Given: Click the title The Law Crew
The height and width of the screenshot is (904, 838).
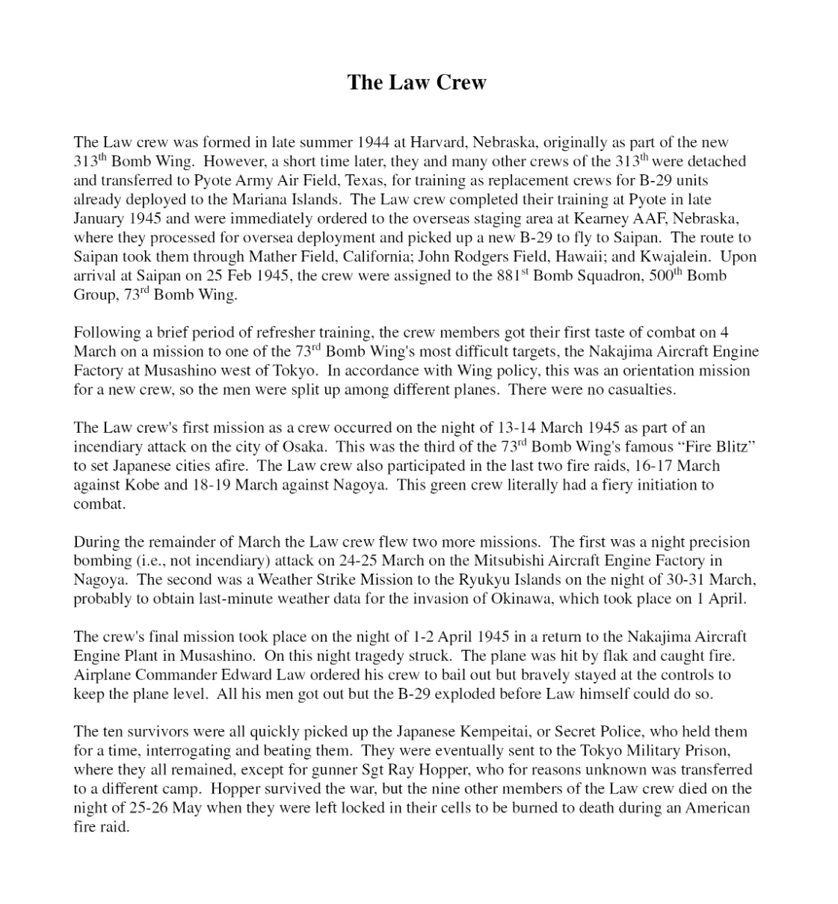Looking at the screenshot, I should click(416, 82).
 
